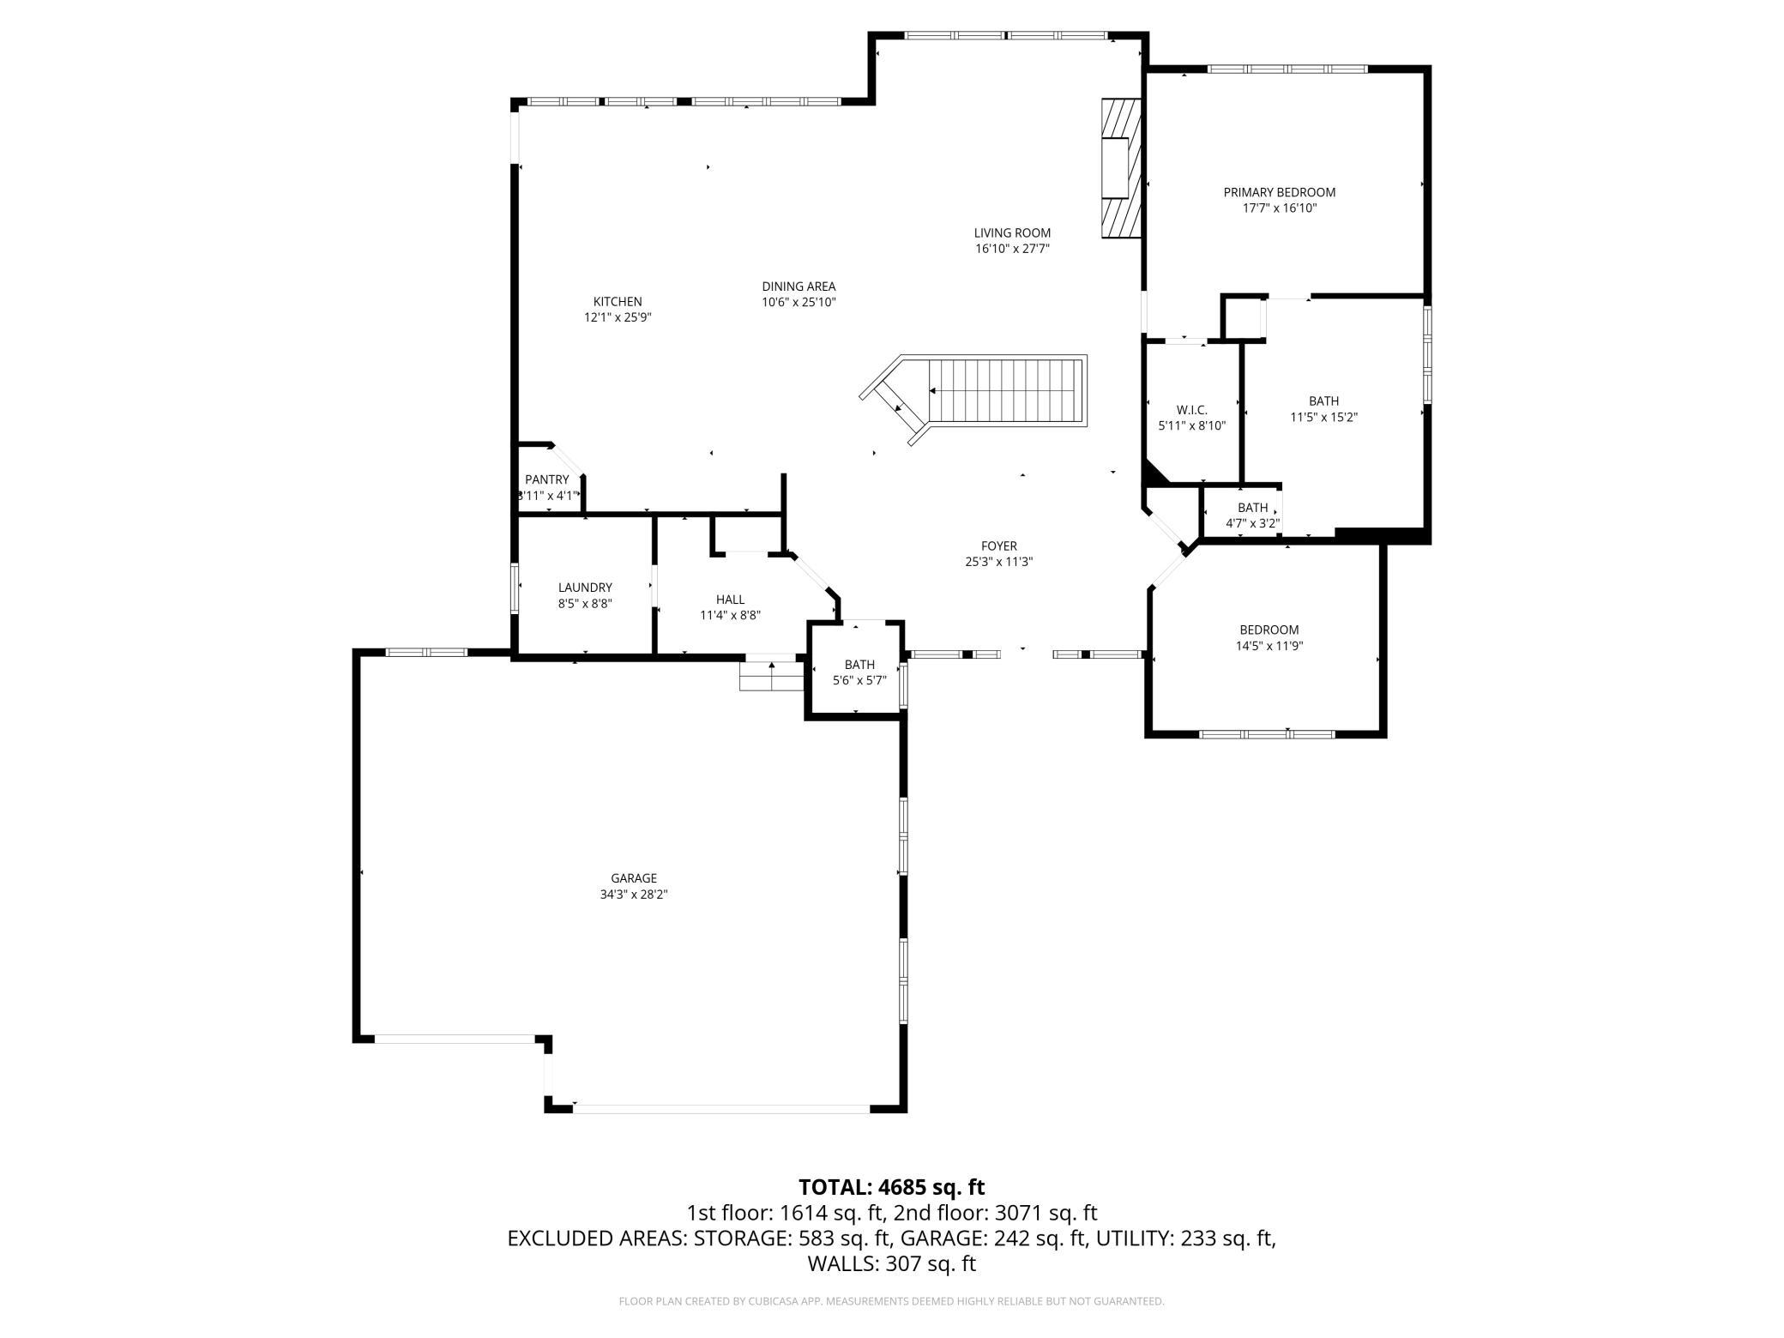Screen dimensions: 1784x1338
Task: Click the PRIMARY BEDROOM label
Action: [x=1279, y=192]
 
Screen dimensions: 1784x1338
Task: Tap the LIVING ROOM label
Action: [x=1012, y=232]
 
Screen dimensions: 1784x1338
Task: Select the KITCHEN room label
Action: [x=618, y=301]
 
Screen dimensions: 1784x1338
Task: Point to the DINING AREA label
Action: [x=799, y=286]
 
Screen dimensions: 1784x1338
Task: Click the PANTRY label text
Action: [x=547, y=479]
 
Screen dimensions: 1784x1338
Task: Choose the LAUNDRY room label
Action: [x=585, y=588]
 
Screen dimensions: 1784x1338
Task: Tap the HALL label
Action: [x=730, y=600]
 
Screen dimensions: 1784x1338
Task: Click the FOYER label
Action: [x=999, y=545]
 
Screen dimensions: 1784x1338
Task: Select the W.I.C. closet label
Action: [x=1192, y=410]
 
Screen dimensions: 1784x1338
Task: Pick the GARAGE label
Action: [x=634, y=878]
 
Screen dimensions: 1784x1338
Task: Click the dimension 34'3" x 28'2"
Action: [x=634, y=895]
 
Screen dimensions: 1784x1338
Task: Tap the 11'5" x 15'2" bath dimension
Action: [x=1323, y=418]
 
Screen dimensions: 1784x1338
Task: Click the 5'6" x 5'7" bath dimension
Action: [x=859, y=681]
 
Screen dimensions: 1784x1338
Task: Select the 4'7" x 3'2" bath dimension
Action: [x=1253, y=523]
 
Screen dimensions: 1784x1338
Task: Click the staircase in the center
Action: [x=974, y=401]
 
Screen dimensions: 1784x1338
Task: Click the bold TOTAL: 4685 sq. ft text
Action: [x=892, y=1187]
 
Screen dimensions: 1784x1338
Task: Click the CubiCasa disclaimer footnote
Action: [x=892, y=1301]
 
